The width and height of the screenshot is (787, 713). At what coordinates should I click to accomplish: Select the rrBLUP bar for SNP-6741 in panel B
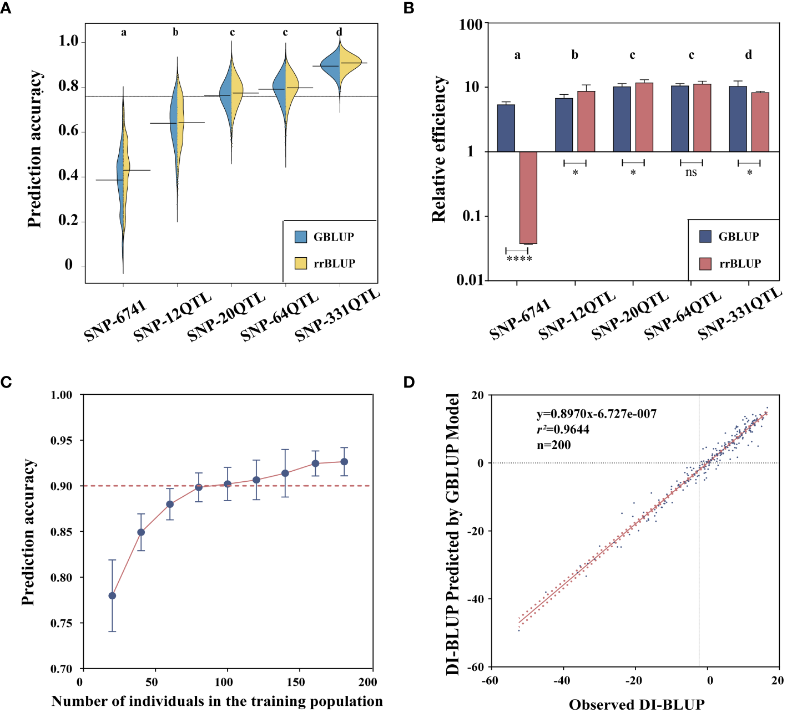tap(528, 197)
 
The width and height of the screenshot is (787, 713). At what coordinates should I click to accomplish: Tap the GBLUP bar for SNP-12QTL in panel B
tap(564, 125)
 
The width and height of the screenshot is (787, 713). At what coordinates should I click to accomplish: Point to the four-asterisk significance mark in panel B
tap(519, 259)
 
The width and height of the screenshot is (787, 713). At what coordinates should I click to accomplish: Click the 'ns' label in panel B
tap(691, 172)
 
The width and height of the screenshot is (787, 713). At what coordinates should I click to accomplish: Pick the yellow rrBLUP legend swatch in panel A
tap(301, 263)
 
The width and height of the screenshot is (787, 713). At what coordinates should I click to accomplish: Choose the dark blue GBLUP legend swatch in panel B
tap(705, 237)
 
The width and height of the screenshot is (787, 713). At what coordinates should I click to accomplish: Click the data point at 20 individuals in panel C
tap(112, 596)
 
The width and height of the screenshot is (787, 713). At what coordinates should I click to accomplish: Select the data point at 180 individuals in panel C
tap(344, 462)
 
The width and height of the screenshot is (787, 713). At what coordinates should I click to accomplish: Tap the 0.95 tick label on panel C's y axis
tap(61, 441)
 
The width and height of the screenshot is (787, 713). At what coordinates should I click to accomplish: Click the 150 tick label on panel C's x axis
tap(296, 682)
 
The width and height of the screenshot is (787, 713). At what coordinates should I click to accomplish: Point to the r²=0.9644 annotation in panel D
tap(563, 430)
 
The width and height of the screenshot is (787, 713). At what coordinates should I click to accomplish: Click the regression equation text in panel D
tap(596, 414)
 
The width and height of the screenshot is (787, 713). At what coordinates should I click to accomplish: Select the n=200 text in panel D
tap(553, 445)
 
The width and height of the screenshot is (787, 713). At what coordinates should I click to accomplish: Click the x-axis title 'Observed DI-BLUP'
tap(637, 705)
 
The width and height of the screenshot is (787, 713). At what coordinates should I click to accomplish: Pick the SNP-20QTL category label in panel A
tap(226, 317)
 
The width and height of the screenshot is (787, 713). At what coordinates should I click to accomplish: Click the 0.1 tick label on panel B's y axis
tap(472, 216)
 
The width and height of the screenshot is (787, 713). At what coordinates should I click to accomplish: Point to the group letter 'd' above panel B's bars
tap(749, 55)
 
